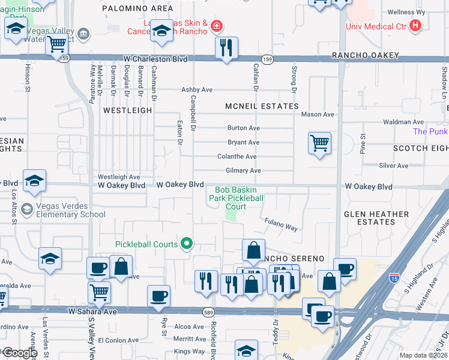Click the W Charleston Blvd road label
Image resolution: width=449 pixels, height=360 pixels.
[155, 59]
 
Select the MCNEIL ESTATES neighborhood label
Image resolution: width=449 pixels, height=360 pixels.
[262, 106]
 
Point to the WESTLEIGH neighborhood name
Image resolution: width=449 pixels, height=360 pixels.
[127, 111]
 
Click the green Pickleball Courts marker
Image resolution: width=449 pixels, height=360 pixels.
[187, 244]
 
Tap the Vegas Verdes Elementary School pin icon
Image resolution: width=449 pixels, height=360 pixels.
[26, 209]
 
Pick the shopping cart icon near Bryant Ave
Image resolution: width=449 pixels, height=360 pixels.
[319, 143]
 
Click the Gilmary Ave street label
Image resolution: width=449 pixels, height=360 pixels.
[243, 171]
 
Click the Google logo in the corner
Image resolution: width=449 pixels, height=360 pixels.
[19, 353]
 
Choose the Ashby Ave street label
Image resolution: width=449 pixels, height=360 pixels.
[197, 90]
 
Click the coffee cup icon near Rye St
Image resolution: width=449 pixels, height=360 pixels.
[158, 295]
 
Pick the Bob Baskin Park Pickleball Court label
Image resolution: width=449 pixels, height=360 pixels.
[236, 198]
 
